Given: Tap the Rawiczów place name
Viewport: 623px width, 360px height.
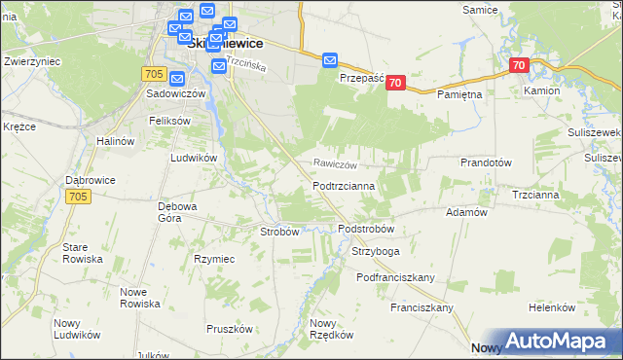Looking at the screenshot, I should click(336, 164).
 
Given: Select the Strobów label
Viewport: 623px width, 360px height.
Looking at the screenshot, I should click(279, 232).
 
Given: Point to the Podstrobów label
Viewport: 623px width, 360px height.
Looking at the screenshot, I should click(365, 229).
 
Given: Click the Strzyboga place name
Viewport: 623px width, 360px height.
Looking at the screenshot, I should click(376, 252).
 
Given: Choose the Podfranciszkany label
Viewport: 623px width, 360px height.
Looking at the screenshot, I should click(395, 277).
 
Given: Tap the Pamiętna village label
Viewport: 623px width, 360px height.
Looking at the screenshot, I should click(459, 93).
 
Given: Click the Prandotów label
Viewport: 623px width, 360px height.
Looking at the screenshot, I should click(486, 162).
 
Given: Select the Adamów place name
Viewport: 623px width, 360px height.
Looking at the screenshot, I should click(465, 211).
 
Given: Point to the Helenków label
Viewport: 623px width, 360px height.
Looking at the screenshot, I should click(553, 307).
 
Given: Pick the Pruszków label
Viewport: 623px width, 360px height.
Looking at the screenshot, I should click(230, 329).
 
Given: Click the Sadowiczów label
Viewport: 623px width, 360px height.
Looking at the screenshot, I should click(175, 94).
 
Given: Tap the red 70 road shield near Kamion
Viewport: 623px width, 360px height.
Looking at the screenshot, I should click(518, 66).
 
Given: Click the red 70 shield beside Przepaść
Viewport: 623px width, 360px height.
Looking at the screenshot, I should click(394, 84).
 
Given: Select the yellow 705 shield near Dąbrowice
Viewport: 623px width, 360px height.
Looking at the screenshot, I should click(80, 197).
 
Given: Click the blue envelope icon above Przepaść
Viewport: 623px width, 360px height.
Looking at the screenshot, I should click(330, 60).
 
